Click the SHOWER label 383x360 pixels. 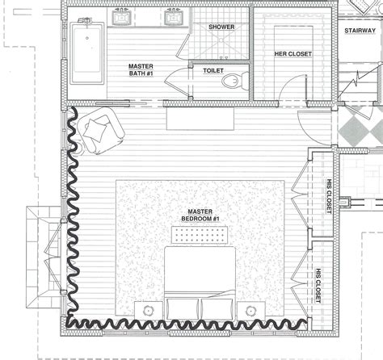pyautogui.click(x=221, y=27)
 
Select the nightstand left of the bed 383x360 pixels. pyautogui.click(x=147, y=310)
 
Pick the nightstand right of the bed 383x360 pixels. pyautogui.click(x=250, y=310)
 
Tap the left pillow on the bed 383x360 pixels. pyautogui.click(x=184, y=310)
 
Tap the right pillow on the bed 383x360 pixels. pyautogui.click(x=215, y=310)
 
